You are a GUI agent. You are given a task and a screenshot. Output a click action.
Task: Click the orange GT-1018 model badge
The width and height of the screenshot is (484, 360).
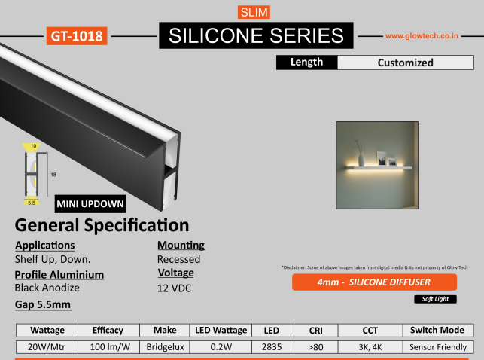pyautogui.click(x=77, y=36)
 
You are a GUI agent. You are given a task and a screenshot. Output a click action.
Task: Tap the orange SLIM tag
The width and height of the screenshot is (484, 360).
pyautogui.click(x=254, y=12)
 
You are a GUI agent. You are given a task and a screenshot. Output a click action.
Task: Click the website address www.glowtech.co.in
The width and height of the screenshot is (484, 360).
pyautogui.click(x=422, y=36)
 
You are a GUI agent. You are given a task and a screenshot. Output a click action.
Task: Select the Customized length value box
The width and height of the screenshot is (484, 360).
pyautogui.click(x=406, y=63)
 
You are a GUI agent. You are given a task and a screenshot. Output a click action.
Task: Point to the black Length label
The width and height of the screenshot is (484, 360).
pyautogui.click(x=307, y=63)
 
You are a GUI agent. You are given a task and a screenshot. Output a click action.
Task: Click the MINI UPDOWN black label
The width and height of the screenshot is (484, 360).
pyautogui.click(x=90, y=204)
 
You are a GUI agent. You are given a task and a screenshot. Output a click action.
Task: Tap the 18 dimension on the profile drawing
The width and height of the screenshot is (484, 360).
pyautogui.click(x=53, y=175)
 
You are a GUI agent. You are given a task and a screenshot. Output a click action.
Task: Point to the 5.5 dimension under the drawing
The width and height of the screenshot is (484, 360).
pyautogui.click(x=32, y=203)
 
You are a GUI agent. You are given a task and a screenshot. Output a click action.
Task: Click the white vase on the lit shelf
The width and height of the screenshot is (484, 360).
pyautogui.click(x=361, y=160)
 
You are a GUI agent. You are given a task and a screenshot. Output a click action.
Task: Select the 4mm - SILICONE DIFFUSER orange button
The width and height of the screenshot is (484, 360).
pyautogui.click(x=374, y=282)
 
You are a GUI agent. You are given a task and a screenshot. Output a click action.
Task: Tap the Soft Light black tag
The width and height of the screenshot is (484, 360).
pyautogui.click(x=435, y=299)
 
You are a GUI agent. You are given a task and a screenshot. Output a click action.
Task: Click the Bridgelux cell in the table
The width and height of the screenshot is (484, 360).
pyautogui.click(x=165, y=347)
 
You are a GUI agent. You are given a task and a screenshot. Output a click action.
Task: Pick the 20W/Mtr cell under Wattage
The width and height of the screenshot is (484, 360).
pyautogui.click(x=47, y=347)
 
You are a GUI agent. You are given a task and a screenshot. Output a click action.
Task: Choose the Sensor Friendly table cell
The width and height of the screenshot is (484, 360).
pyautogui.click(x=438, y=347)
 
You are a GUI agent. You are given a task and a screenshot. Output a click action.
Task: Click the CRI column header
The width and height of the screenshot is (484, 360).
pyautogui.click(x=316, y=331)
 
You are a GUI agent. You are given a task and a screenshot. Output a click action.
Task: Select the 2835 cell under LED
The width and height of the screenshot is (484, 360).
pyautogui.click(x=272, y=347)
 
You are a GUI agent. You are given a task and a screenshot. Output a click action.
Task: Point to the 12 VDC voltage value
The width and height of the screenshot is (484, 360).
pyautogui.click(x=175, y=288)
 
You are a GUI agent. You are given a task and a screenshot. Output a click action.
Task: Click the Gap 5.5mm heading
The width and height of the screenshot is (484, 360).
pyautogui.click(x=43, y=304)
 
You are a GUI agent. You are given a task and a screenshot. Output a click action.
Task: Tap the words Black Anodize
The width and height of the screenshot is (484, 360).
pyautogui.click(x=47, y=288)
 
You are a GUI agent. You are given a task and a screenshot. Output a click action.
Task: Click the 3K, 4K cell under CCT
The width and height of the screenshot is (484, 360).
pyautogui.click(x=370, y=347)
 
